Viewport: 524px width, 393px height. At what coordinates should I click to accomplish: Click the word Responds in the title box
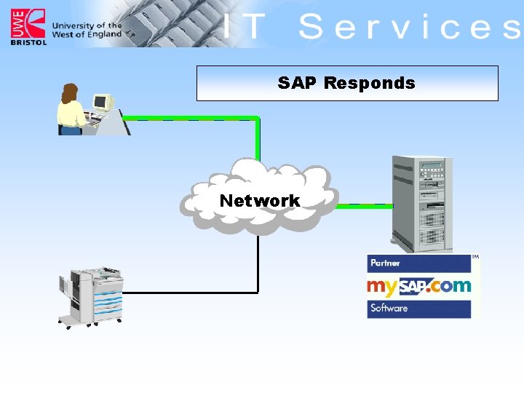369,83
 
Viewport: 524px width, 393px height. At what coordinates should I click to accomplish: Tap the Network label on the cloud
259,200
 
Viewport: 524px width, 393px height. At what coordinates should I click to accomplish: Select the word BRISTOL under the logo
28,42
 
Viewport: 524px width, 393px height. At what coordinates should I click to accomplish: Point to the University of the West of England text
87,30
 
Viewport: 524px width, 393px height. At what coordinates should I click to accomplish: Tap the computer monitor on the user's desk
101,103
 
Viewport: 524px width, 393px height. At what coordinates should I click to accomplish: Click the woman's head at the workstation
70,92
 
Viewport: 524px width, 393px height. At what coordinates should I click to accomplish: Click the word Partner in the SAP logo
385,263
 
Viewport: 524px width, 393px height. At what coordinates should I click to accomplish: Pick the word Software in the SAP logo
389,308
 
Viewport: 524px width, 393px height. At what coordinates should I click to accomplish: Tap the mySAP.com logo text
418,285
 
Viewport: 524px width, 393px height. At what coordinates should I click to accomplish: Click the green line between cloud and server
364,206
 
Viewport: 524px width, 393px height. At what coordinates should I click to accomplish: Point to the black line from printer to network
189,293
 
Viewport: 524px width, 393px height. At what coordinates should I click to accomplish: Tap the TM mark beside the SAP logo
475,257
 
